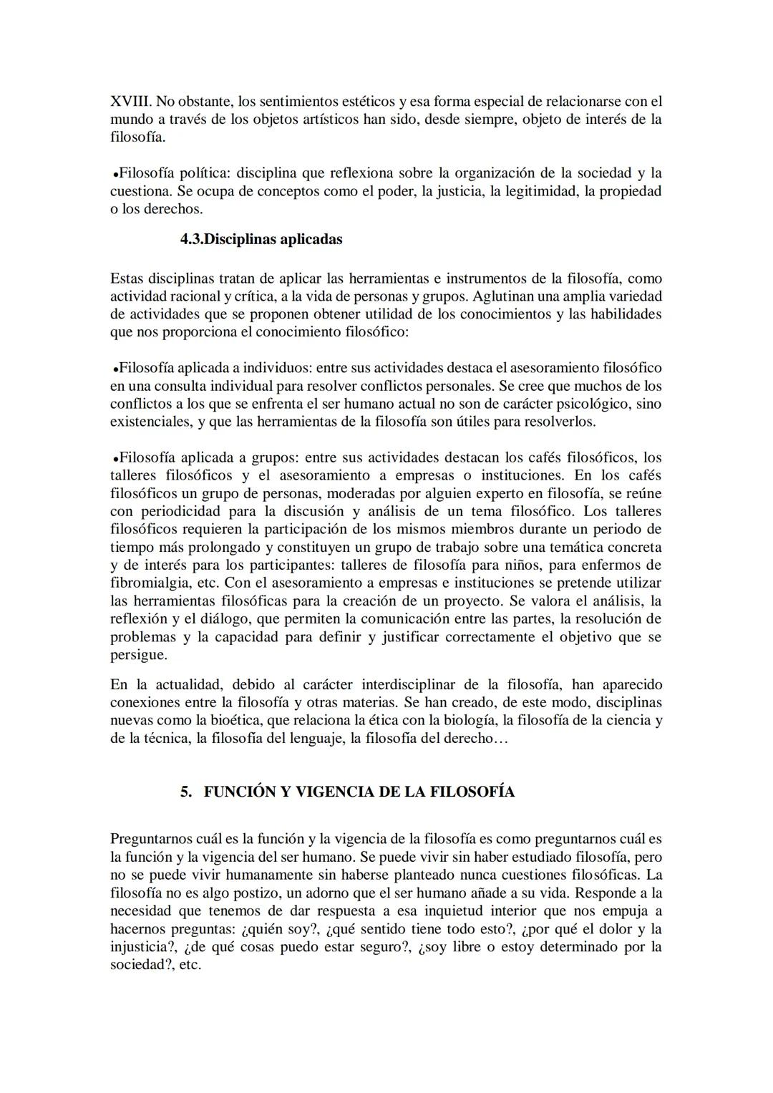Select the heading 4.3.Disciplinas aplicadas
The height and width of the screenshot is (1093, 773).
pos(261,239)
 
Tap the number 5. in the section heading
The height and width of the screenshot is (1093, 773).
pos(187,792)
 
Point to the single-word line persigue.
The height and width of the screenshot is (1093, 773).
pos(138,655)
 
